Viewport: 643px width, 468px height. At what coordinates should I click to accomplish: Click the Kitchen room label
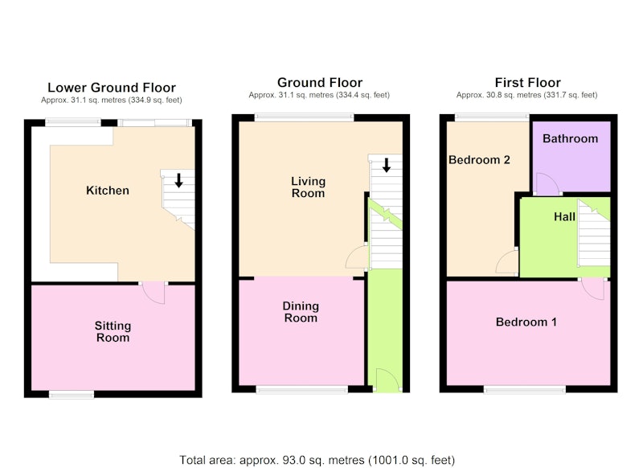(x=108, y=191)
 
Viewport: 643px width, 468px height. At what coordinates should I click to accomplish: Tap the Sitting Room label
(x=113, y=331)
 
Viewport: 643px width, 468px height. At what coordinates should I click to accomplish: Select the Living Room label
(x=308, y=187)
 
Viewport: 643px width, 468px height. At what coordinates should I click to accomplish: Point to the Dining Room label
(x=301, y=312)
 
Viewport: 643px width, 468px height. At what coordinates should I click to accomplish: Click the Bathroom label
(x=570, y=138)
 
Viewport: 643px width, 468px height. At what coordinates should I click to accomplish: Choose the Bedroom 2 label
(x=479, y=159)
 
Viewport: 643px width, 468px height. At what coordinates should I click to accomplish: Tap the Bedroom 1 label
(x=526, y=322)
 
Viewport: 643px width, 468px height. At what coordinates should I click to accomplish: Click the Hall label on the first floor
(x=564, y=216)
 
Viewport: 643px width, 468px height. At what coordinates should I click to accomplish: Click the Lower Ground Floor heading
(x=112, y=88)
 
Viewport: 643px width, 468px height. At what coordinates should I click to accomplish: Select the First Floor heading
(x=527, y=83)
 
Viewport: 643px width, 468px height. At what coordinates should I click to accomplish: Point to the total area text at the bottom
(x=317, y=460)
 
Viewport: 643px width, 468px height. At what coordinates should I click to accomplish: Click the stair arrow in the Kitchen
(x=178, y=180)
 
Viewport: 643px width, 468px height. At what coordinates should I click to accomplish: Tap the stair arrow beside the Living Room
(x=387, y=165)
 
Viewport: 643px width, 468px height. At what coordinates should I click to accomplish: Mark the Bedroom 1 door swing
(x=593, y=289)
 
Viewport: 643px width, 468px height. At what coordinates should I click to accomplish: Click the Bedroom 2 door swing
(x=507, y=261)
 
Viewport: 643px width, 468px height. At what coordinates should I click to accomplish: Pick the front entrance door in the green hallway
(x=388, y=380)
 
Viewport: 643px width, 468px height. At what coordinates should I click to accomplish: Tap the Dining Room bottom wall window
(x=302, y=389)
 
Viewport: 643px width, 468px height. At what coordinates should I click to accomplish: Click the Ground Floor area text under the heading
(x=319, y=95)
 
